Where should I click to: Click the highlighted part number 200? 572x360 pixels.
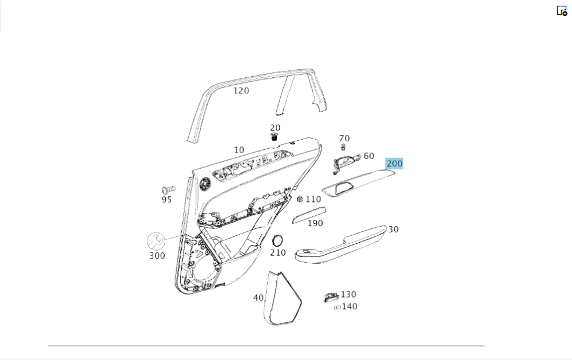[x=394, y=163]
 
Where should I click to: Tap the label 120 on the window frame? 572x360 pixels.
[x=241, y=90]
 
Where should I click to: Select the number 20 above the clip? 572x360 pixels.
[x=275, y=128]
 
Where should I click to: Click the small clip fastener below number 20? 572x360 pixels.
[x=275, y=137]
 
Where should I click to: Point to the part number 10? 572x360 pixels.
[x=239, y=150]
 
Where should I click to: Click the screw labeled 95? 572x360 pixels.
[x=168, y=189]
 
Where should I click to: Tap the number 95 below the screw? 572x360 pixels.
[x=166, y=200]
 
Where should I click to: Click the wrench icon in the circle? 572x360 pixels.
[x=156, y=241]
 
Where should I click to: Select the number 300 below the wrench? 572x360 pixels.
[x=157, y=256]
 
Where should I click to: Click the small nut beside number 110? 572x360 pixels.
[x=300, y=199]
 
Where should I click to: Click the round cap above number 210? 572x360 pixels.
[x=277, y=240]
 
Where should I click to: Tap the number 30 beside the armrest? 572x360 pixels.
[x=394, y=230]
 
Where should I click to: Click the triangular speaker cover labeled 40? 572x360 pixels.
[x=283, y=299]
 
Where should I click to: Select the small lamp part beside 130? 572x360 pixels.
[x=331, y=298]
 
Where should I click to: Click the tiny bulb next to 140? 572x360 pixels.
[x=337, y=308]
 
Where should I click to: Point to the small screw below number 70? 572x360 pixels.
[x=343, y=147]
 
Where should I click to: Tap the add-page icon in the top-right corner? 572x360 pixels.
[x=562, y=10]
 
